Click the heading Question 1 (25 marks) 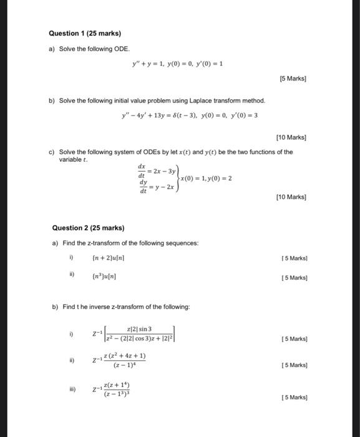pyautogui.click(x=87, y=33)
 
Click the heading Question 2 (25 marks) pyautogui.click(x=89, y=228)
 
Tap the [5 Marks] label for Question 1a pyautogui.click(x=293, y=79)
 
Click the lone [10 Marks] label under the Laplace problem pyautogui.click(x=291, y=137)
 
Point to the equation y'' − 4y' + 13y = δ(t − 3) pyautogui.click(x=168, y=115)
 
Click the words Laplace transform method pyautogui.click(x=230, y=101)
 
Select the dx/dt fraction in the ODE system pyautogui.click(x=141, y=169)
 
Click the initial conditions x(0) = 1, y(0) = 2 pyautogui.click(x=206, y=178)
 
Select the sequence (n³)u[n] pyautogui.click(x=104, y=276)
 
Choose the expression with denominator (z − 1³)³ pyautogui.click(x=116, y=390)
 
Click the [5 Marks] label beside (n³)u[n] pyautogui.click(x=294, y=277)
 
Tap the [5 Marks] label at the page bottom pyautogui.click(x=294, y=397)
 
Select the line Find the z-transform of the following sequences pyautogui.click(x=124, y=243)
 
